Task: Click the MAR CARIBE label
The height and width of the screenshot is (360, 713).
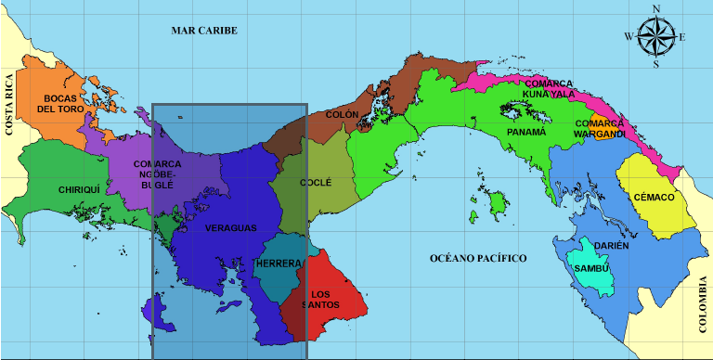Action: [x=204, y=31]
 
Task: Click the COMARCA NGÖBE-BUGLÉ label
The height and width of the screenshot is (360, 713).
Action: [x=150, y=174]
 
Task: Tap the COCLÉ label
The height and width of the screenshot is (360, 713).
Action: [x=316, y=183]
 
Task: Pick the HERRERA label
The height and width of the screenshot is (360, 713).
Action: [x=278, y=264]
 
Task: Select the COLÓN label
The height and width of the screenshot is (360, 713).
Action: [x=342, y=115]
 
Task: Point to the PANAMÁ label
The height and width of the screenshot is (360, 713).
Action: [x=526, y=133]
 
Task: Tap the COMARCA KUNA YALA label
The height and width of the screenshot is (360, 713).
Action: [x=550, y=88]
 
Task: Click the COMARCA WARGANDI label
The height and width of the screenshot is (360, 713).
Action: [x=599, y=128]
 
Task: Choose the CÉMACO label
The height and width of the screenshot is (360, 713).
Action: [x=655, y=198]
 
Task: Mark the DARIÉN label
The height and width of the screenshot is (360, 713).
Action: [x=612, y=246]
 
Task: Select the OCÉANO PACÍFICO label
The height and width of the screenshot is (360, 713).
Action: [x=478, y=257]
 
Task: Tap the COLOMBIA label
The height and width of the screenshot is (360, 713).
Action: [x=702, y=303]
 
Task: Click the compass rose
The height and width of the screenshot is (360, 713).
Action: [x=656, y=37]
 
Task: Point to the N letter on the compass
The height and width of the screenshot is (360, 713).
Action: [x=656, y=9]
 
